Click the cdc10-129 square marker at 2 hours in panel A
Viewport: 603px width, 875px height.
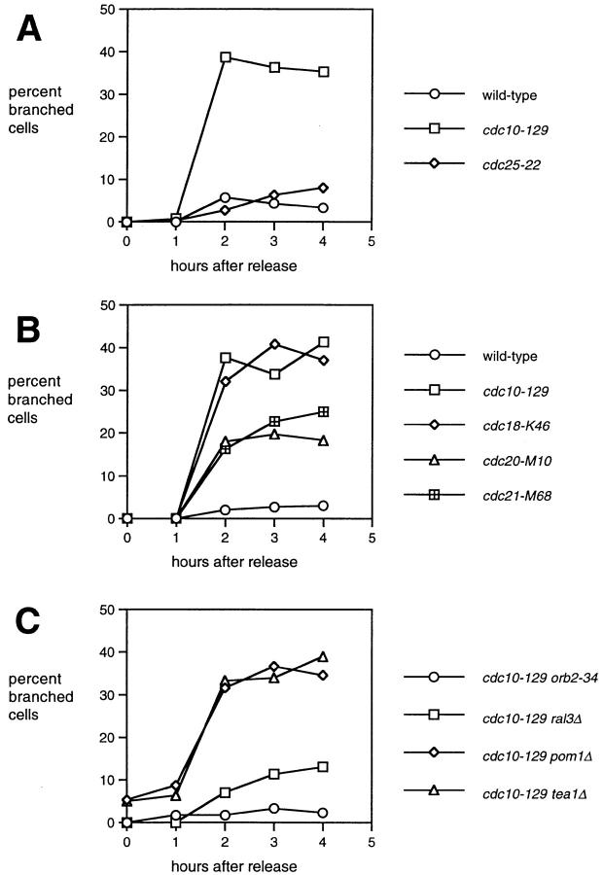coord(226,57)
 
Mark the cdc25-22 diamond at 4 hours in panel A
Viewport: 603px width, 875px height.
coord(323,188)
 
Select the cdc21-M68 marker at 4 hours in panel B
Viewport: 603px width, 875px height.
coord(323,411)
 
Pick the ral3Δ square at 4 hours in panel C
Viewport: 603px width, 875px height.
coord(323,766)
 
